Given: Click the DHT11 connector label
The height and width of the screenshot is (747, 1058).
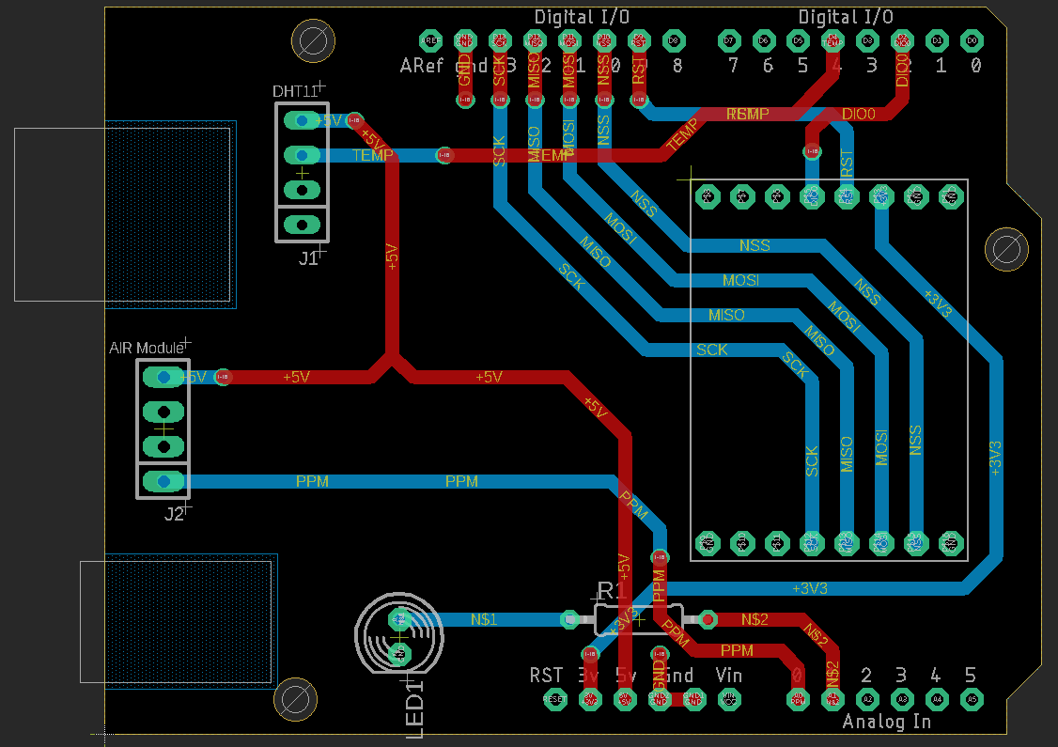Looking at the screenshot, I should click(294, 91).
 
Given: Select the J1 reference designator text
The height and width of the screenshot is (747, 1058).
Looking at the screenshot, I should click(308, 258).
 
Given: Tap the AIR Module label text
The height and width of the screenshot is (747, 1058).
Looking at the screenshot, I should click(146, 348).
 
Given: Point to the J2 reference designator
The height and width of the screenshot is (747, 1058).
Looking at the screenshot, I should click(174, 514).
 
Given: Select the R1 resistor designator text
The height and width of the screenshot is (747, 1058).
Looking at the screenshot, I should click(613, 590).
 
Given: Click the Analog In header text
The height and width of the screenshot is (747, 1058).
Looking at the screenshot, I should click(886, 722).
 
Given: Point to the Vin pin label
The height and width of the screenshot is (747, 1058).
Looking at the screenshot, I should click(728, 675).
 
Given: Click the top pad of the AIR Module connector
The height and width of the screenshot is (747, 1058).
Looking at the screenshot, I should click(163, 377).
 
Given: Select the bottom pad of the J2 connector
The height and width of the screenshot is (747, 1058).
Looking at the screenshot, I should click(163, 481).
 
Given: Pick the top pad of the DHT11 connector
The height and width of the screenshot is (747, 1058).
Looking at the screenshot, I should click(302, 120).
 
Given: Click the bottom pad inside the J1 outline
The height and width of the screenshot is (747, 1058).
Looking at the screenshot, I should click(302, 224).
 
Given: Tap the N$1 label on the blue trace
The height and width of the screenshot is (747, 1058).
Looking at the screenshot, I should click(483, 619).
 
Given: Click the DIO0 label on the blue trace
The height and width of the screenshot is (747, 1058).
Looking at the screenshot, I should click(858, 114).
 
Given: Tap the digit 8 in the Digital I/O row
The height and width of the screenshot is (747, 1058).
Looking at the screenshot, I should click(677, 66).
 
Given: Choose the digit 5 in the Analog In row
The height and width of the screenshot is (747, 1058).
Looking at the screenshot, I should click(970, 675).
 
